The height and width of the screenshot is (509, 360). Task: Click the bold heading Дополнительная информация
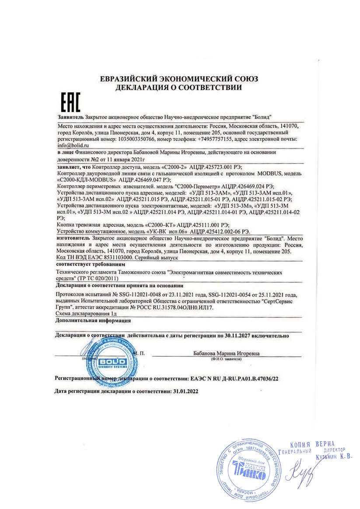coord(94,321)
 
